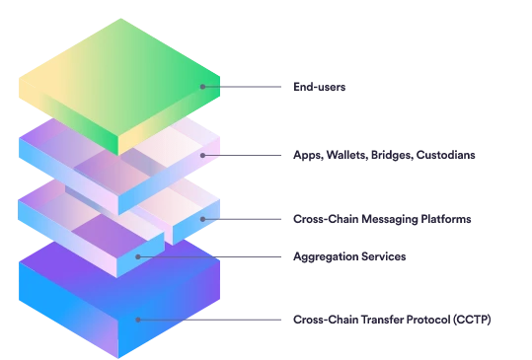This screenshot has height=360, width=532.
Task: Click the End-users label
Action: click(x=319, y=87)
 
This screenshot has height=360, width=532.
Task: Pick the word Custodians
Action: click(x=445, y=155)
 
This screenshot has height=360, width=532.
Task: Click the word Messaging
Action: click(x=390, y=219)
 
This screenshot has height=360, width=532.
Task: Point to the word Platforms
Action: click(x=446, y=219)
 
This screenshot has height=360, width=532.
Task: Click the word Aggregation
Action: click(x=326, y=257)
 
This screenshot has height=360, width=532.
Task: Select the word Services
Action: click(x=383, y=256)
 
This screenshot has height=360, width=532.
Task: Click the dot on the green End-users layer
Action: click(x=202, y=87)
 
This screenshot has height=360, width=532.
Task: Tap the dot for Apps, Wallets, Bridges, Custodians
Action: click(x=202, y=155)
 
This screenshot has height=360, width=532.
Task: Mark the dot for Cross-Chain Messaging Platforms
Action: click(x=202, y=219)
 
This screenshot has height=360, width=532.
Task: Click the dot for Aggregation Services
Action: click(x=138, y=257)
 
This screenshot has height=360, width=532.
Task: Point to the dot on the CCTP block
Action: click(x=138, y=320)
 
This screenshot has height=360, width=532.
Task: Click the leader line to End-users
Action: click(x=242, y=87)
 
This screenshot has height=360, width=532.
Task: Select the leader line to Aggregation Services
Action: click(x=209, y=257)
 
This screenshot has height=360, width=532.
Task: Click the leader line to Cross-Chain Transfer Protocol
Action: click(x=209, y=320)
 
